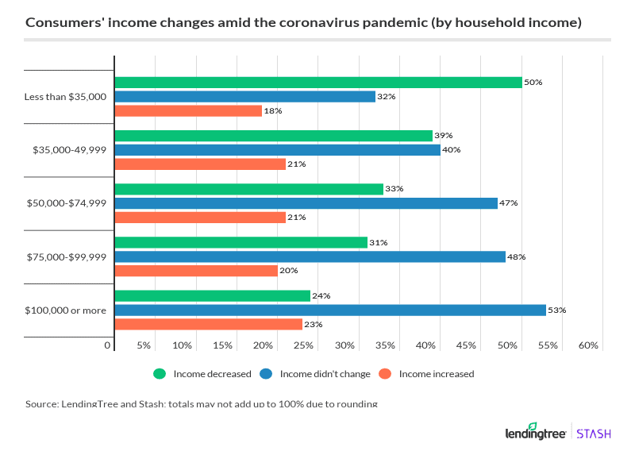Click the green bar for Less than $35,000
click(x=317, y=82)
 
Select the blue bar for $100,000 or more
click(x=330, y=310)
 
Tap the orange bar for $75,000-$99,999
click(x=196, y=271)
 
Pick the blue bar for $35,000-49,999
click(x=277, y=149)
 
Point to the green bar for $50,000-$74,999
click(x=248, y=189)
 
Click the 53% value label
click(x=557, y=310)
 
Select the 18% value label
click(x=273, y=111)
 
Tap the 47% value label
click(x=509, y=203)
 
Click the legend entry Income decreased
click(x=202, y=374)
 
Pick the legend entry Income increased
click(x=428, y=374)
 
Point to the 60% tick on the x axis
click(x=588, y=345)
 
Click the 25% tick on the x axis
click(x=304, y=345)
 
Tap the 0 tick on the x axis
click(x=108, y=345)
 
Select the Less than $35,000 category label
click(x=65, y=96)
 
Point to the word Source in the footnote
click(x=41, y=404)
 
